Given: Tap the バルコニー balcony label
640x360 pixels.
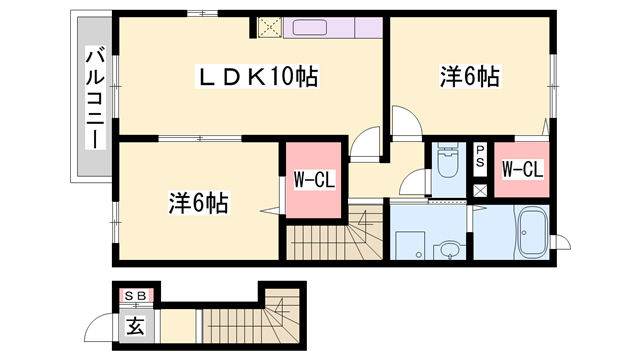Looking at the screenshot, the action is [x=95, y=97].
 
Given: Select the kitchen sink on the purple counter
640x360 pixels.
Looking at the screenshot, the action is [x=309, y=28].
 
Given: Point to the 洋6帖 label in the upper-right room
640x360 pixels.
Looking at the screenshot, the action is [x=470, y=76].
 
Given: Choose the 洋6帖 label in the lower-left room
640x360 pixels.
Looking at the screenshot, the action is [x=199, y=203].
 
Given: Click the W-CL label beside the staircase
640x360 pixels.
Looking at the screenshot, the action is [x=314, y=180].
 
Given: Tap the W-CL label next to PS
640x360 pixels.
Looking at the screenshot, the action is [x=522, y=169].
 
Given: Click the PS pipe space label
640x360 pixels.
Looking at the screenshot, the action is [x=480, y=156].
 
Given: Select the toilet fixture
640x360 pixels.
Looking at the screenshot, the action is [x=447, y=160].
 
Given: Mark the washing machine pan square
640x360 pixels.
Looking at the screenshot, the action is [x=410, y=245].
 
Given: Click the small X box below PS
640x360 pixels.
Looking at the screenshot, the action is [x=480, y=191].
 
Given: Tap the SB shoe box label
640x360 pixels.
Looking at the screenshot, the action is [x=136, y=296].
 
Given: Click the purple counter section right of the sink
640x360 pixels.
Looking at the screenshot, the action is [x=369, y=28].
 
